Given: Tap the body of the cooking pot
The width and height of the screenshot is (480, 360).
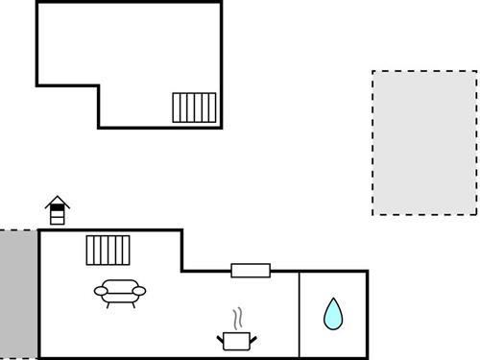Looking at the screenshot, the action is tap(236, 340).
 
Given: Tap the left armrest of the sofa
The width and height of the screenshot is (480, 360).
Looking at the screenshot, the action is tap(100, 290).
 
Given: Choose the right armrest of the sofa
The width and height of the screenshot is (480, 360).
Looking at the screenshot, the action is tap(140, 290).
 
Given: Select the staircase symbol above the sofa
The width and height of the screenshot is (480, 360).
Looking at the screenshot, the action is tap(107, 250).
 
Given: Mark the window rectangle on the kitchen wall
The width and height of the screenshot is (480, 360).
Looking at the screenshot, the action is tap(251, 271).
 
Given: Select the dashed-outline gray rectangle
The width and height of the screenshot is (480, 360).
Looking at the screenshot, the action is tap(423, 142).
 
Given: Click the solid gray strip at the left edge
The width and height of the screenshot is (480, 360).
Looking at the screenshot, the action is tap(18, 294).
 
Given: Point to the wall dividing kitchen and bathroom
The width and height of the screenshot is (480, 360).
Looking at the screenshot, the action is tap(300, 314).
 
